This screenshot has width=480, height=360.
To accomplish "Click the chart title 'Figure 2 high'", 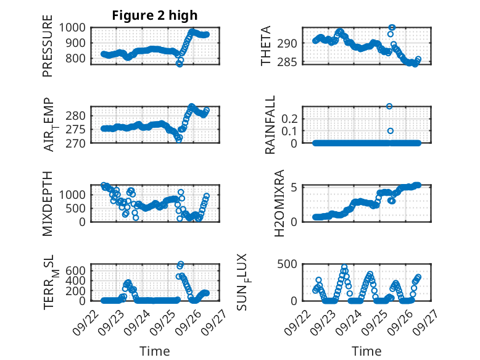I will tap(155, 15).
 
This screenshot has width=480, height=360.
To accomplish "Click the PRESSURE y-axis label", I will tap(48, 50).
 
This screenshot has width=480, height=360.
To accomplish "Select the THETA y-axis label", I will tap(266, 46).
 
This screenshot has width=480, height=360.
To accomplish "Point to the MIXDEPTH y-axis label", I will tap(48, 204).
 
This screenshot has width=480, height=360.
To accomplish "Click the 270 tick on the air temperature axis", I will tap(80, 143).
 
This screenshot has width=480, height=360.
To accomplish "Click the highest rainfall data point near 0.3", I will tap(389, 106).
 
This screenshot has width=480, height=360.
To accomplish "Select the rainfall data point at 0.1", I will tap(390, 131).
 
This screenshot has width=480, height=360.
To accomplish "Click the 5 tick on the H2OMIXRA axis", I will tap(296, 187).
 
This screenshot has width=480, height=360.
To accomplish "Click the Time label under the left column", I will tap(155, 351).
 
